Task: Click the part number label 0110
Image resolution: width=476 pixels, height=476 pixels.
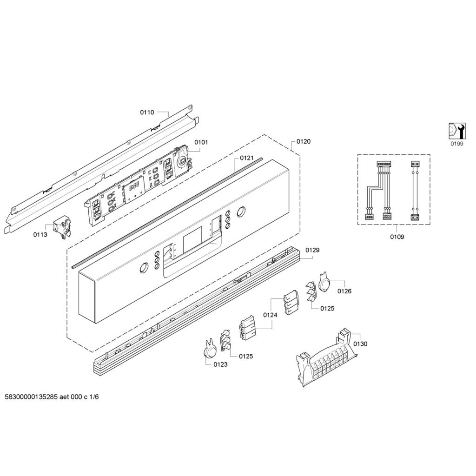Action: click(x=147, y=112)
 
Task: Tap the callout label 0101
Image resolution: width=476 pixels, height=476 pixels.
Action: click(x=201, y=142)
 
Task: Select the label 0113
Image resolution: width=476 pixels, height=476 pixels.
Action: click(x=40, y=234)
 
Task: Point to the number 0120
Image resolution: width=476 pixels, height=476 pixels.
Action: click(x=304, y=141)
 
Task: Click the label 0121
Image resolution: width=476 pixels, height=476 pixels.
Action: click(x=246, y=158)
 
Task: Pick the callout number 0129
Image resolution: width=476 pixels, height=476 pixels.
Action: click(x=312, y=250)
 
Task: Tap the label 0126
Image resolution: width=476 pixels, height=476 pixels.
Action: click(x=344, y=291)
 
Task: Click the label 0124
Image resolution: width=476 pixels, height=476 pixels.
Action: click(x=270, y=315)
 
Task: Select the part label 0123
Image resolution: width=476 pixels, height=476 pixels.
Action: click(x=220, y=364)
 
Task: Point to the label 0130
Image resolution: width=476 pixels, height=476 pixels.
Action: click(x=360, y=344)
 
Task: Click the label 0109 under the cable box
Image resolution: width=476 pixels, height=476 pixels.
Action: click(x=397, y=237)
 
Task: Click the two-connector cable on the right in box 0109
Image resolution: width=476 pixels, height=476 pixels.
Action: click(x=414, y=191)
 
